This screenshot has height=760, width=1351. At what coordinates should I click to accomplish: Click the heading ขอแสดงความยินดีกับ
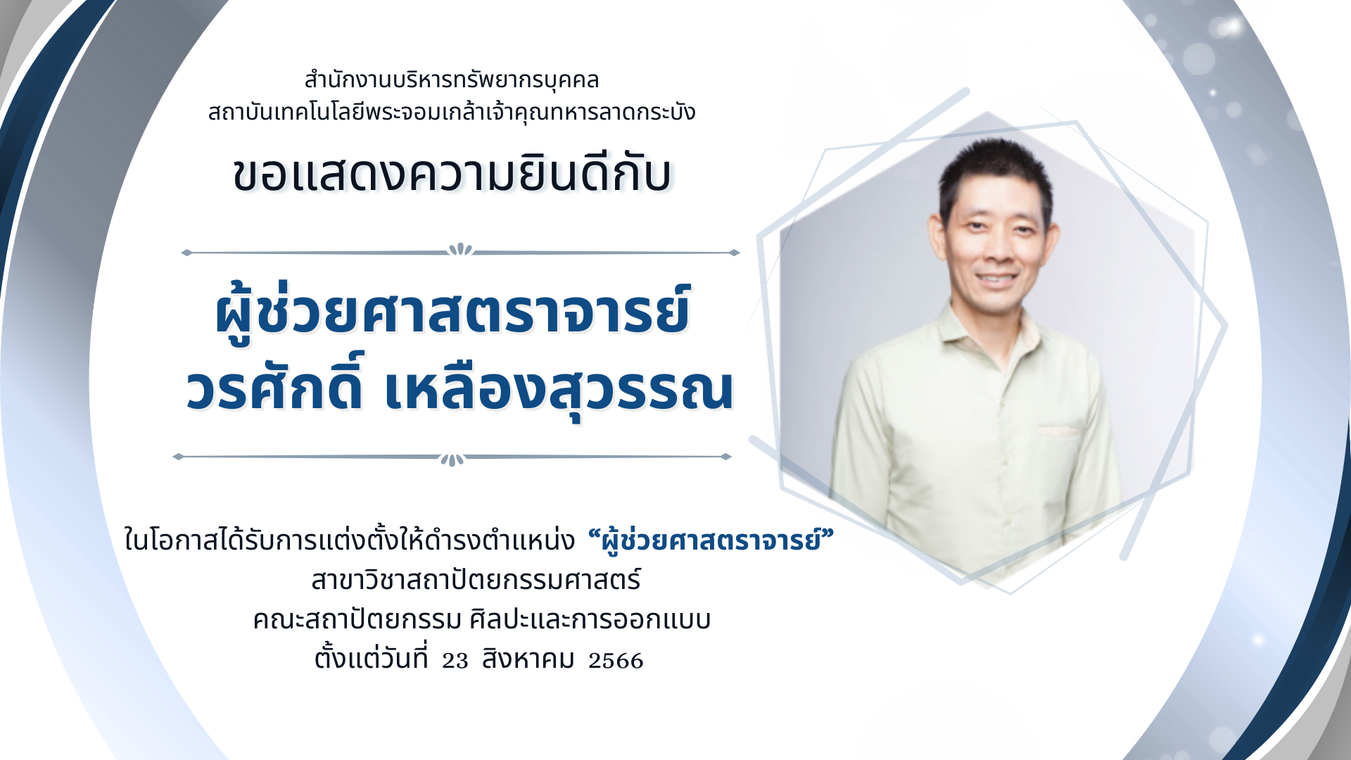[x=452, y=173]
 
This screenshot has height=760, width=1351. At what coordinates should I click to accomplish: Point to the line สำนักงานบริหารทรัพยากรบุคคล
[x=451, y=80]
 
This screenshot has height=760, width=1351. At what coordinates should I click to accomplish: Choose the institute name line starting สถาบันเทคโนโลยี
[x=452, y=111]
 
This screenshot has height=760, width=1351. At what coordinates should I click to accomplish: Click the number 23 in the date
[x=455, y=661]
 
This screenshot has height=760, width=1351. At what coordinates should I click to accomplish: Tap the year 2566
[x=616, y=661]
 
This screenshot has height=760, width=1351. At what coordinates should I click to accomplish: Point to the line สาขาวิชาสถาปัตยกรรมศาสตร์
[x=476, y=581]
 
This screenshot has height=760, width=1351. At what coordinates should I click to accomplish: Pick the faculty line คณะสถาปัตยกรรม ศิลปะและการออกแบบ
[x=481, y=620]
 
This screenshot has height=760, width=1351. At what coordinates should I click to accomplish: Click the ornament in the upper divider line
[x=461, y=250]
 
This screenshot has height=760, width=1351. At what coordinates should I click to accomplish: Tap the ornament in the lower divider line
[x=452, y=460]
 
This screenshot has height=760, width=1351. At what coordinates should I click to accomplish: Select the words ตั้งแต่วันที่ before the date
[x=371, y=658]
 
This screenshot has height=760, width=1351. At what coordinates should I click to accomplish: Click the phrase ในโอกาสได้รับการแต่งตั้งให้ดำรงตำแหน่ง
[x=350, y=540]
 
